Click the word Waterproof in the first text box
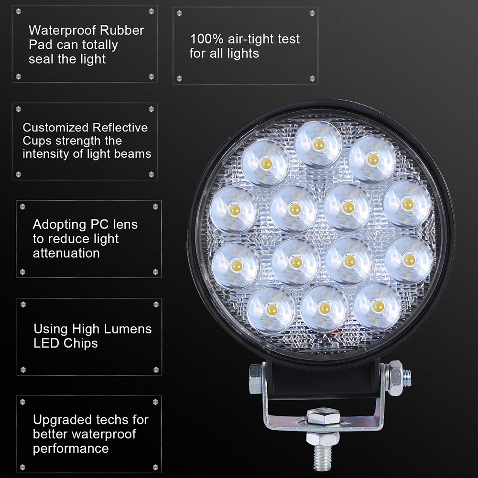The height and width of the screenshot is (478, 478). tap(62, 31)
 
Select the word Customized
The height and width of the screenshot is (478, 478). tap(55, 128)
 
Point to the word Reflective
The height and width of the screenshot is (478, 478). tap(120, 128)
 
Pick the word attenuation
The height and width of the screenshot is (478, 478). tap(66, 253)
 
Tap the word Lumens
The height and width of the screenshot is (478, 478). tap(128, 329)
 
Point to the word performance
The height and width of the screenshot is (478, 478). tap(71, 449)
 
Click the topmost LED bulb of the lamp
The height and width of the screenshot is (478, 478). tap(318, 144)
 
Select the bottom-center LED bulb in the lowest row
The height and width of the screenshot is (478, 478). tap(325, 308)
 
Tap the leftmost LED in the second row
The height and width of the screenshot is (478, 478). tap(234, 209)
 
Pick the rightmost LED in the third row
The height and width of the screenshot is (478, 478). tap(409, 260)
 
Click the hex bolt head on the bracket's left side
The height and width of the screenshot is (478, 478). tap(255, 379)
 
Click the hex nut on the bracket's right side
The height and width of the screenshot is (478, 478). tap(396, 378)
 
